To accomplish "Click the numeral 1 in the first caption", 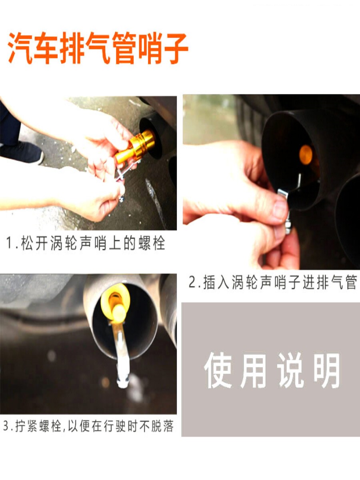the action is click(10, 243).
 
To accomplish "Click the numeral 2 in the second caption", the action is click(192, 282).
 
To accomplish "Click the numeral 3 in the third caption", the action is click(6, 426).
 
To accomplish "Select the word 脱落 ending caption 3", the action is click(162, 426).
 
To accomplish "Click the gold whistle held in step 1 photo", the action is click(136, 146).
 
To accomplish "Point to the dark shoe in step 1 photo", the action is click(22, 152).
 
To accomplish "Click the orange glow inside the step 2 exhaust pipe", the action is click(306, 155).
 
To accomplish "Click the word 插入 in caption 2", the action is click(216, 282).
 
